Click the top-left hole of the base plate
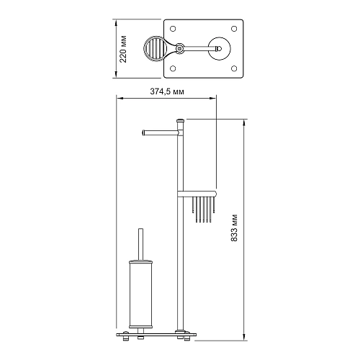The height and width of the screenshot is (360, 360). [x=174, y=27]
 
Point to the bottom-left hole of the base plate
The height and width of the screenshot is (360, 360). [x=174, y=70]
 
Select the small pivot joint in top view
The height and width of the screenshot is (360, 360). [x=182, y=48]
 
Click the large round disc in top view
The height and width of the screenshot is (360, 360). [x=218, y=48]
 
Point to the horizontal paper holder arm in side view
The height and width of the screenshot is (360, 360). [x=158, y=132]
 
